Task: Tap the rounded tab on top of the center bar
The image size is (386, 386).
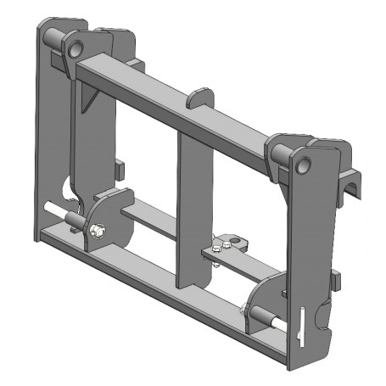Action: point(198,96)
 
